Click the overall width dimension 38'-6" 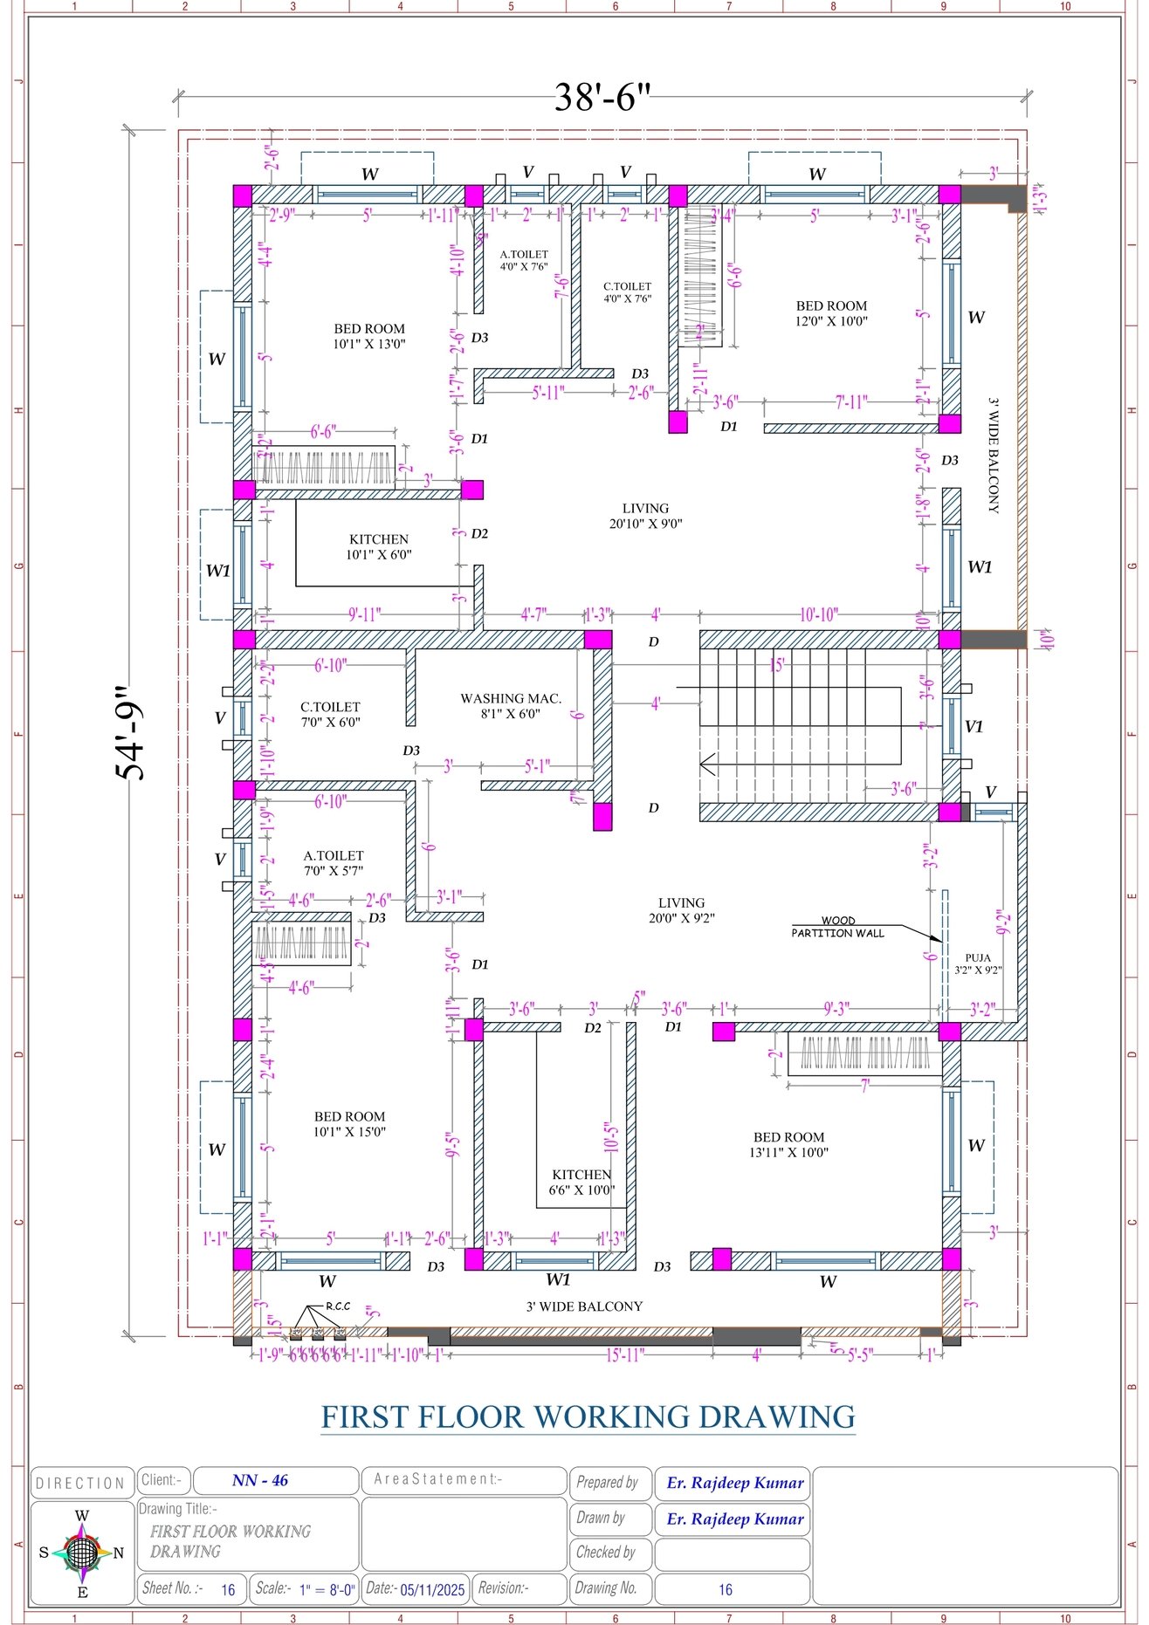coord(602,97)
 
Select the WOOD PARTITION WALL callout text coord(837,927)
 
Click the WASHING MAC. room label coord(511,705)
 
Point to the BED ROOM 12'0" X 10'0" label coord(831,312)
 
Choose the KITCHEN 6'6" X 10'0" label coord(581,1182)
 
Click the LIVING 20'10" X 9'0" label coord(645,515)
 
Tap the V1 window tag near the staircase coord(974,726)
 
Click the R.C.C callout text coord(338,1306)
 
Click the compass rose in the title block coord(81,1553)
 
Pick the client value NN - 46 coord(260,1480)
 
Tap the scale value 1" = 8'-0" coord(327,1589)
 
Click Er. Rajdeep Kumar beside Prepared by coord(734,1483)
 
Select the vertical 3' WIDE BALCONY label coord(994,456)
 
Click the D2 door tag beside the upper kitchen coord(479,533)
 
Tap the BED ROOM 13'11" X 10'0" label coord(788,1144)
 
